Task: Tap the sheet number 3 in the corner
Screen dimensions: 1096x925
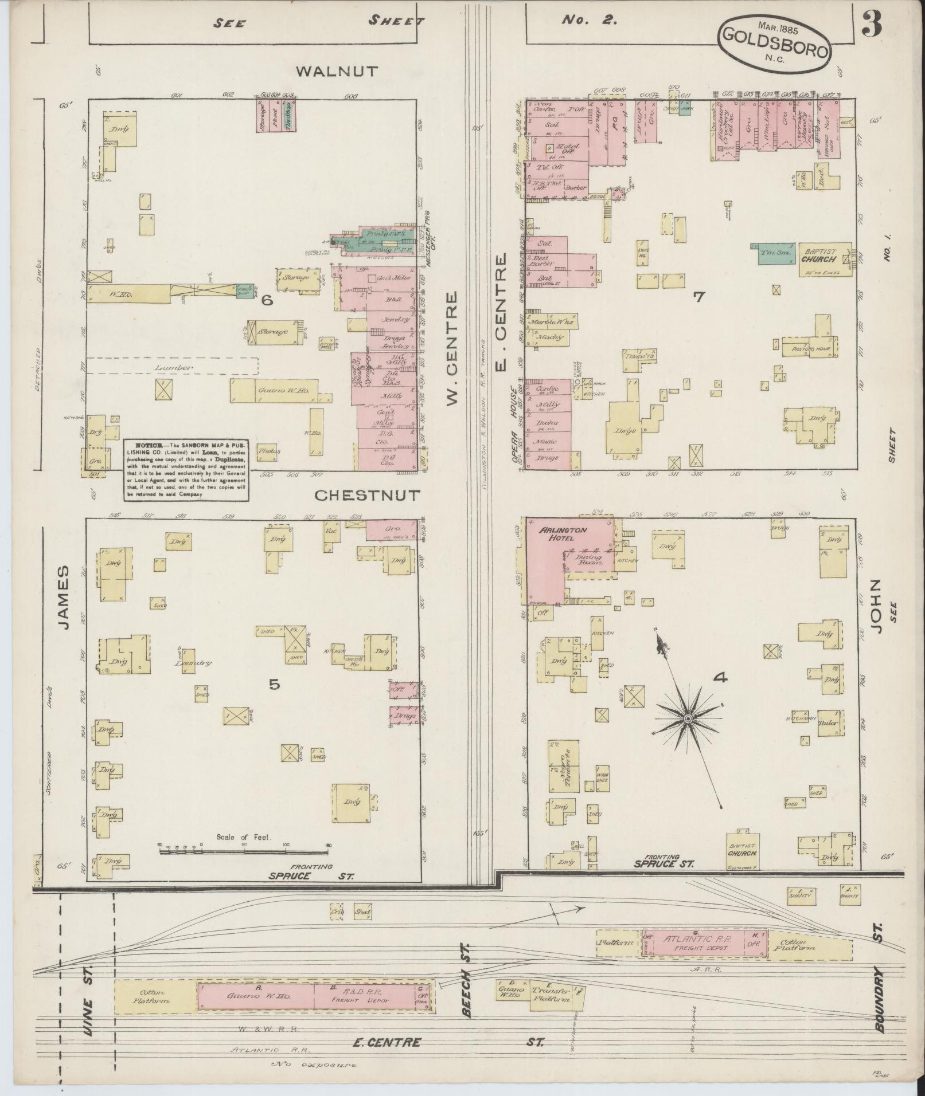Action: [x=872, y=26]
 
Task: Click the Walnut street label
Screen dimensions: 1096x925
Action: [x=337, y=72]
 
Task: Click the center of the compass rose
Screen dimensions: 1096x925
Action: [x=687, y=718]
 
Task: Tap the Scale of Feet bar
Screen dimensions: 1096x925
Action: [x=244, y=852]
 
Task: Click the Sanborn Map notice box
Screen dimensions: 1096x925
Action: [x=186, y=470]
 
